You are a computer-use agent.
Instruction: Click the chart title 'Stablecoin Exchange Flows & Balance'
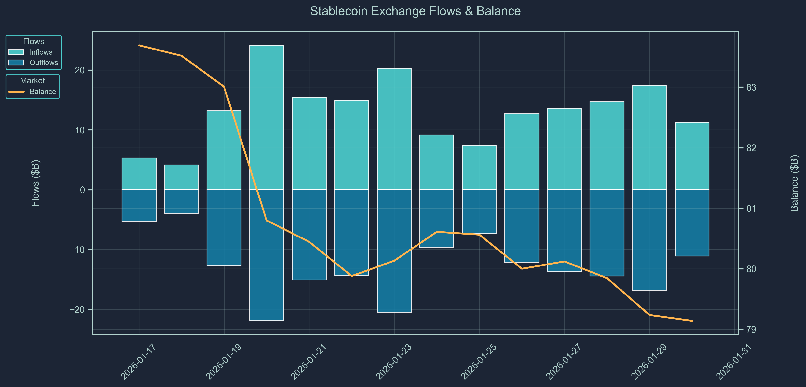tap(415, 11)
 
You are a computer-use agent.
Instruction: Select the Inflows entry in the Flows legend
tap(41, 52)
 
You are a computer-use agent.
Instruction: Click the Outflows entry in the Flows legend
tap(44, 63)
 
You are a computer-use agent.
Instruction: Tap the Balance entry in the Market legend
tap(43, 92)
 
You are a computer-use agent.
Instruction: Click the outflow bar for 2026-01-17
tap(139, 205)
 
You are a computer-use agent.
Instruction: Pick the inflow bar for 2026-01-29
tap(649, 137)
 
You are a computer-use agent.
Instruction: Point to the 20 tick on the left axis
tap(80, 70)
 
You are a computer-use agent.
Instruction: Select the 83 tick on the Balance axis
tap(751, 87)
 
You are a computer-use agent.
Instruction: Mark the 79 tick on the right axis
tap(751, 330)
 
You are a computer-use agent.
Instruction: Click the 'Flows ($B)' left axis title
tap(36, 183)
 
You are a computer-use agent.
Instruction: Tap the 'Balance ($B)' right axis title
tap(794, 183)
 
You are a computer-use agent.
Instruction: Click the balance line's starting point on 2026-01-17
tap(139, 45)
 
